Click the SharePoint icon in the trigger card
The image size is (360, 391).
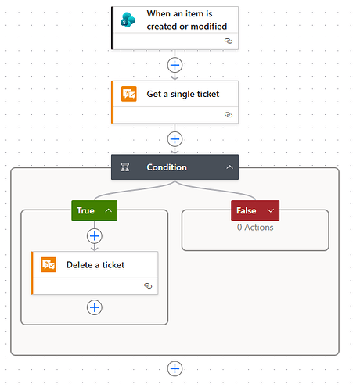click(x=128, y=20)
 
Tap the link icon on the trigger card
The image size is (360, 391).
click(x=229, y=41)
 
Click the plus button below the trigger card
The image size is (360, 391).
click(x=175, y=65)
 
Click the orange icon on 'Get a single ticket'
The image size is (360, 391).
click(x=129, y=94)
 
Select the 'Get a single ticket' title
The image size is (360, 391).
click(x=183, y=94)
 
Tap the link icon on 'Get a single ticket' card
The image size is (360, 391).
click(x=229, y=115)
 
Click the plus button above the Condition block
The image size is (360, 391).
click(x=175, y=139)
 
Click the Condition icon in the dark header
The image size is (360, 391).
click(x=125, y=167)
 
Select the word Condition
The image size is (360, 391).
click(x=167, y=167)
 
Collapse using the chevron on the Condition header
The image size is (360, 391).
click(x=229, y=167)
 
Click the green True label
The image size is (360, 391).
click(x=85, y=210)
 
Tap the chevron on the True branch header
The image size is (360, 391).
click(x=109, y=210)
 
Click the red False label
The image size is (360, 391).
click(x=247, y=210)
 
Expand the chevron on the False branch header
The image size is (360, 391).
click(x=271, y=210)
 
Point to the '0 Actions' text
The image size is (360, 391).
click(x=255, y=228)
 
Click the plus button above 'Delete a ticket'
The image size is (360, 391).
click(x=95, y=236)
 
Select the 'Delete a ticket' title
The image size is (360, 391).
click(x=95, y=265)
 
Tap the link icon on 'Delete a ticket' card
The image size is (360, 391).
click(x=148, y=285)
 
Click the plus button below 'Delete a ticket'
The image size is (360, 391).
click(x=95, y=307)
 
